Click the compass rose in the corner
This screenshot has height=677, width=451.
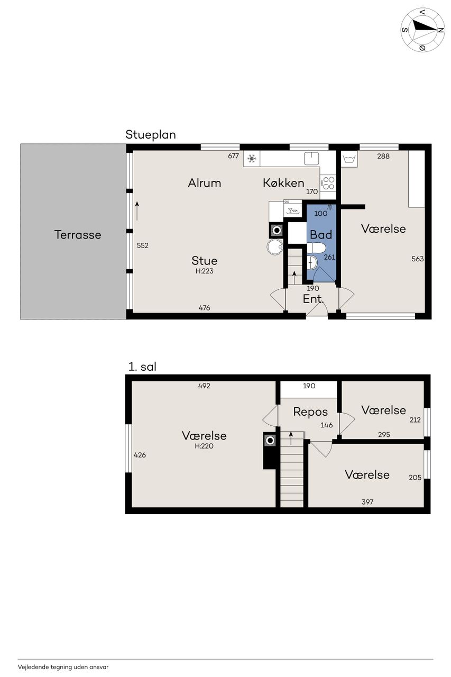tap(422, 30)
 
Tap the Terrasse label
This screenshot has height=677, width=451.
tap(78, 235)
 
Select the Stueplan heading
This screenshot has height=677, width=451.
tap(151, 135)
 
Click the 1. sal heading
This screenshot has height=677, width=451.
tap(142, 367)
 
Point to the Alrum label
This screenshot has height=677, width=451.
tap(205, 183)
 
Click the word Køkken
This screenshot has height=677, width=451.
tap(283, 183)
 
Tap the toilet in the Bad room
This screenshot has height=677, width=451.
tap(316, 248)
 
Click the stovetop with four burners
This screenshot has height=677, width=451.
tap(328, 184)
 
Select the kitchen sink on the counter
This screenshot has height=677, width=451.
tap(311, 158)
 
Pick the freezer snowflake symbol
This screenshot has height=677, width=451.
tap(252, 158)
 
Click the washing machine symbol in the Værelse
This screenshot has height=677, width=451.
tap(349, 159)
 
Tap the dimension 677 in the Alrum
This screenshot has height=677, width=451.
tap(233, 156)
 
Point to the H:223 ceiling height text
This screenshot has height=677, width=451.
tap(205, 271)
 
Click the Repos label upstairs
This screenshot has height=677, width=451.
tap(310, 412)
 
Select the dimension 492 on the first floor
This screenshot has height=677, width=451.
tap(204, 386)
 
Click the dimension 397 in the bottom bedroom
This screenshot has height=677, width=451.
tap(367, 502)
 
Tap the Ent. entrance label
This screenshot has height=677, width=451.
tap(313, 299)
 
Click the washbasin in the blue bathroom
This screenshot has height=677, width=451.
tap(312, 262)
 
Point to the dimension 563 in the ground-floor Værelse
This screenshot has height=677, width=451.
tap(418, 259)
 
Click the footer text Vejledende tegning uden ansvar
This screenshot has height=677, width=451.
tap(63, 667)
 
